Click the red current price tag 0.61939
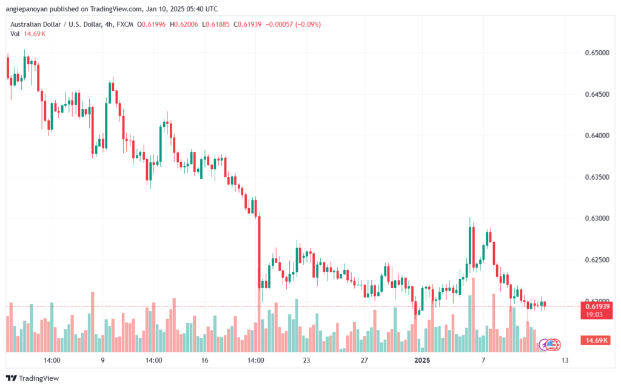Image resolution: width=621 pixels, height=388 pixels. (x=597, y=306)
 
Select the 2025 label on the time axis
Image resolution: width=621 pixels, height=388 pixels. (x=420, y=360)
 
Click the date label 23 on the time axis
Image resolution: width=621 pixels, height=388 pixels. (x=306, y=360)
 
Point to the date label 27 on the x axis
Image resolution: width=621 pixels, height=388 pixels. (x=364, y=360)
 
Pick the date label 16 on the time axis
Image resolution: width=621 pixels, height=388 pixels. (x=204, y=360)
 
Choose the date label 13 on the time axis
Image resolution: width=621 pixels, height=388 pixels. (x=565, y=360)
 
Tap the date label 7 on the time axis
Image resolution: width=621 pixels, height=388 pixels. (x=483, y=360)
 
